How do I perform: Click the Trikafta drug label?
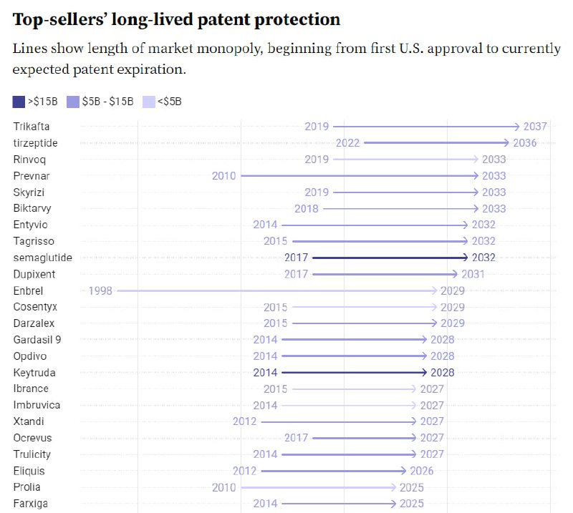click(32, 127)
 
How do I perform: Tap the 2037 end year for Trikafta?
click(535, 127)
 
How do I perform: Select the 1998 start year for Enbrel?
click(100, 290)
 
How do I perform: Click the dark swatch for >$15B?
click(19, 102)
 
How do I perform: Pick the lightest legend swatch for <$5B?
click(149, 102)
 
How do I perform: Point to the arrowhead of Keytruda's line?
click(424, 373)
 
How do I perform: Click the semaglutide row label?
click(43, 258)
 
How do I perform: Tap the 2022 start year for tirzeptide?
click(347, 143)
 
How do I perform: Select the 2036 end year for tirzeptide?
click(525, 143)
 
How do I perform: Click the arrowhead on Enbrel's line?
click(434, 290)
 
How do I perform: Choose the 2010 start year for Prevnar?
click(224, 176)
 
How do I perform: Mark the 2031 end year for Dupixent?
click(473, 274)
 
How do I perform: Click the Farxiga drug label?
click(31, 504)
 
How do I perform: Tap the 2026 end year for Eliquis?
click(421, 471)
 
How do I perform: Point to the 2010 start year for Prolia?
click(224, 487)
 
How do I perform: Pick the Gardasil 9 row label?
click(37, 340)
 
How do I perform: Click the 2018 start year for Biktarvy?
click(307, 208)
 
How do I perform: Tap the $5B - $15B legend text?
click(108, 102)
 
